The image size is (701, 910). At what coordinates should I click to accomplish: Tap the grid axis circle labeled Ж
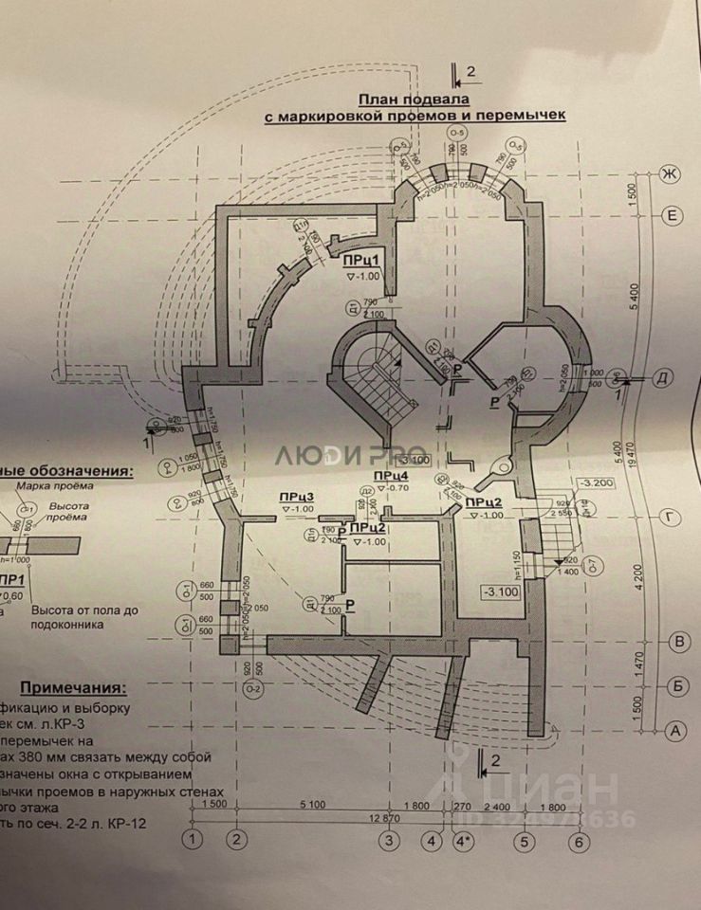click(671, 174)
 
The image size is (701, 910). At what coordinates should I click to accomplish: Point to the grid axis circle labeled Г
click(671, 517)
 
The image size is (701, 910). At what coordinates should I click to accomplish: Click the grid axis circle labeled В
click(676, 642)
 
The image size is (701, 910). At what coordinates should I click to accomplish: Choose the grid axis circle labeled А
click(676, 730)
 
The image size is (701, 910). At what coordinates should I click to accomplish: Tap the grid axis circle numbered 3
click(387, 840)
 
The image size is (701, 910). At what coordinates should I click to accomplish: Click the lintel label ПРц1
click(361, 261)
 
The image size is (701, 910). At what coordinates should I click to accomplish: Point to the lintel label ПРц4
click(391, 475)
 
